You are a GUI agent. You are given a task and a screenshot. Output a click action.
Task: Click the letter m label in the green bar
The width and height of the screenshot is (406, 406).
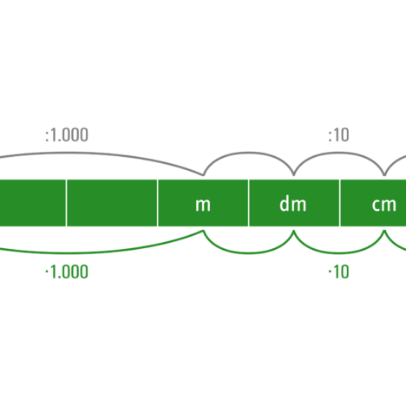(x=203, y=205)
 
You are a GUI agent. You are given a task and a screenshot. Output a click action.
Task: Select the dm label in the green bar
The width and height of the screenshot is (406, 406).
(x=292, y=203)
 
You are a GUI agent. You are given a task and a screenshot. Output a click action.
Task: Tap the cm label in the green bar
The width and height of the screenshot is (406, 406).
(x=383, y=205)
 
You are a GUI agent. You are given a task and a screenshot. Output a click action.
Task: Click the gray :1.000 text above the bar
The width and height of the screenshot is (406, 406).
(x=67, y=135)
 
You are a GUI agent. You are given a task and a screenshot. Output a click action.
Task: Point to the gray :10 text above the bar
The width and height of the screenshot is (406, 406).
(x=338, y=135)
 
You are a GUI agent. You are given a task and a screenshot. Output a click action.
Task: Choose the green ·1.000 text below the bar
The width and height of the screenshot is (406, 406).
(x=67, y=272)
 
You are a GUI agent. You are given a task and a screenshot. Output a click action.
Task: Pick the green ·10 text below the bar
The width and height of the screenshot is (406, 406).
(x=338, y=272)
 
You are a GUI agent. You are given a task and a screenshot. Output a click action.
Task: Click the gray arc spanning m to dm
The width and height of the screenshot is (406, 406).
(x=248, y=153)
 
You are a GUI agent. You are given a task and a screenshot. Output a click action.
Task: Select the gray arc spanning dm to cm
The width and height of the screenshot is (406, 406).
(x=339, y=153)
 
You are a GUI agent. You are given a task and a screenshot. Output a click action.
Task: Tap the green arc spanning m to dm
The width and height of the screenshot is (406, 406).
(x=248, y=253)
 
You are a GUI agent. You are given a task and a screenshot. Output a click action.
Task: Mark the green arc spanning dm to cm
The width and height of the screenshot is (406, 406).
(x=339, y=253)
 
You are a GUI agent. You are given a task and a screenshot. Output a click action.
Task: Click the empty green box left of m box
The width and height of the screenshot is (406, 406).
(x=112, y=203)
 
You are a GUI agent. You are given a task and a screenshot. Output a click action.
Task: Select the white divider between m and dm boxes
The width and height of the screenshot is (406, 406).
(x=248, y=203)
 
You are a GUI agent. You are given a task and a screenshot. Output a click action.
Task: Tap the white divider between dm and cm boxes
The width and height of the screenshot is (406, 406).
(x=340, y=203)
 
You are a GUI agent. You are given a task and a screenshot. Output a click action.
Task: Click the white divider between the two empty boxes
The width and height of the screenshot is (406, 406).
(x=66, y=203)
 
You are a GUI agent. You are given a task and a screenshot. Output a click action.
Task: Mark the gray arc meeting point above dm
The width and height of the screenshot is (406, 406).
(x=293, y=175)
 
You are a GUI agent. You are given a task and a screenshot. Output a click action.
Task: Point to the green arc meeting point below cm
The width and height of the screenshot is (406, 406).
(x=384, y=231)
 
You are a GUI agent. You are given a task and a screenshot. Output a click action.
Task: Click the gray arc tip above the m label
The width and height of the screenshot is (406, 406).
(x=203, y=175)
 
